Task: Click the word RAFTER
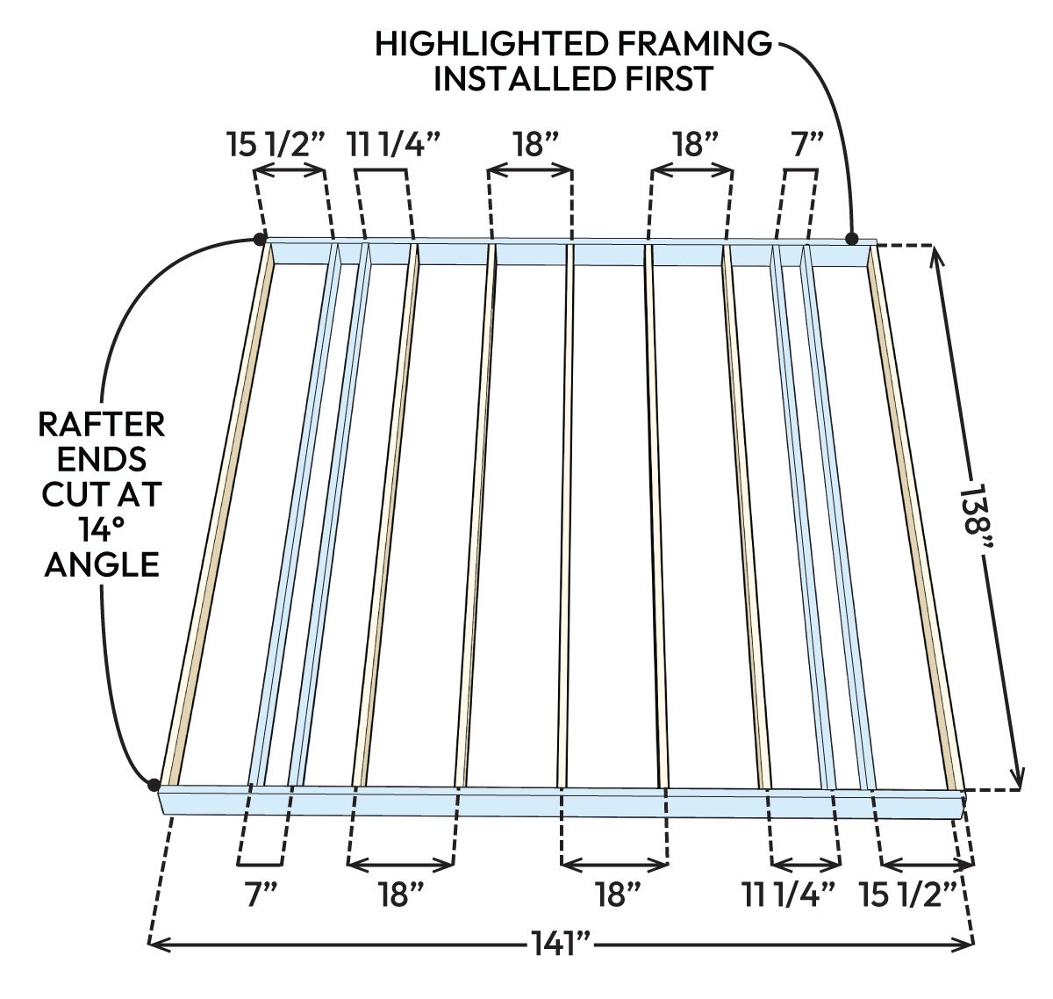(x=102, y=425)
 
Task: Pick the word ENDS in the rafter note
(x=102, y=459)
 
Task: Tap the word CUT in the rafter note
(x=75, y=494)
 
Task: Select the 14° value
(x=102, y=529)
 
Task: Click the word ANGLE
(x=102, y=564)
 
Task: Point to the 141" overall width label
(x=562, y=945)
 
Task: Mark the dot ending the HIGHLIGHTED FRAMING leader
(x=851, y=238)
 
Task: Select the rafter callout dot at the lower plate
(x=154, y=784)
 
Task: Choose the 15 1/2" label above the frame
(x=277, y=143)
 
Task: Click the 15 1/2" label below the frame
(x=907, y=895)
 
